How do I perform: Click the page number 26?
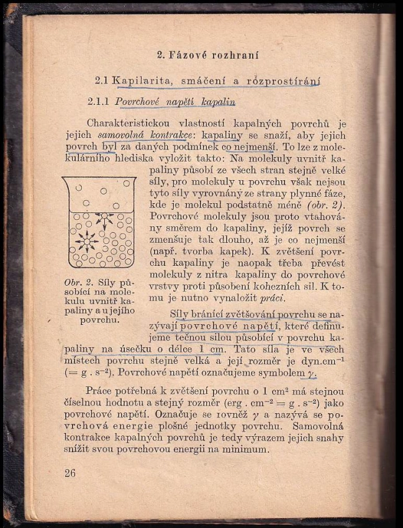[x=70, y=473]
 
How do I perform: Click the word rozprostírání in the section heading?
[x=284, y=80]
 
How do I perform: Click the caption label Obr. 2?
[x=77, y=283]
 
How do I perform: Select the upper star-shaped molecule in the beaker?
[x=104, y=218]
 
